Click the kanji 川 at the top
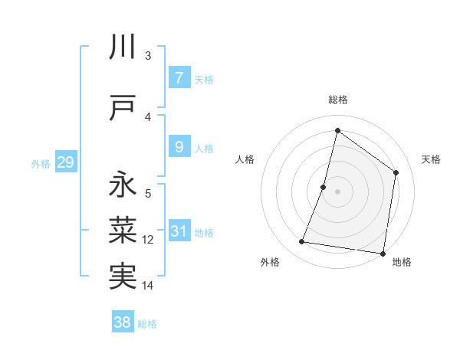(x=123, y=47)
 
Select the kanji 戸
(x=123, y=107)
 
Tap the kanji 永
(x=123, y=185)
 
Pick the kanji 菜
(x=123, y=228)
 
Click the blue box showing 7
(x=179, y=77)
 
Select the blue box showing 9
(x=179, y=147)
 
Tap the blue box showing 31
(x=179, y=231)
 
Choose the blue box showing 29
(x=65, y=162)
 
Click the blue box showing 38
(x=123, y=322)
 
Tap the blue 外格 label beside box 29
(x=41, y=163)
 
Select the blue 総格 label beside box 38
(x=147, y=324)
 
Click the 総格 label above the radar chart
(x=337, y=100)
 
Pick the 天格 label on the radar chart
(x=431, y=159)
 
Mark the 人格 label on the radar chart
(x=245, y=159)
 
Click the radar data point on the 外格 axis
(x=302, y=242)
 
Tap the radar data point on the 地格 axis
(x=383, y=254)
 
